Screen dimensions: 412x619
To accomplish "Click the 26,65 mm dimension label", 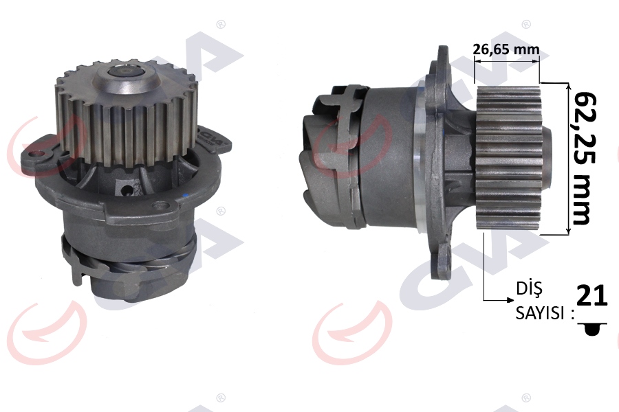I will pos(506,49).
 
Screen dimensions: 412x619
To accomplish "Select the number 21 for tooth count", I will pos(591,295).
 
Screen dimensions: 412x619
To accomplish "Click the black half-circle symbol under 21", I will pos(591,330).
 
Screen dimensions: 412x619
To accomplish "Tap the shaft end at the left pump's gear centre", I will pos(127,70).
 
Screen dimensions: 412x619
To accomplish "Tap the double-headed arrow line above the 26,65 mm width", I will pos(507,60).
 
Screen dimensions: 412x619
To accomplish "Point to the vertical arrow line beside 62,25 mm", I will pos(568,158).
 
